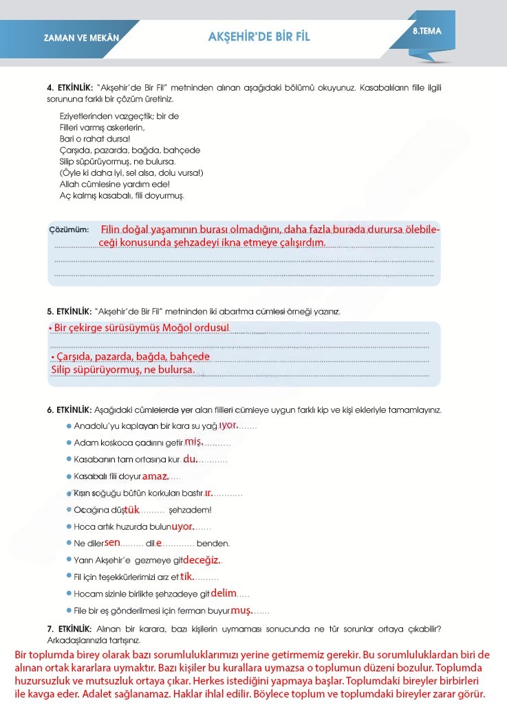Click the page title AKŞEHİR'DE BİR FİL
pos(259,37)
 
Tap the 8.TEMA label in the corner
pos(427,31)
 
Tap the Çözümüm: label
pos(69,230)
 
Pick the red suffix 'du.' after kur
pos(190,459)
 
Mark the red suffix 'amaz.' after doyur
pos(155,476)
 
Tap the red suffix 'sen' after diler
pos(113,542)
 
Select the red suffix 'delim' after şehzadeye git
pos(224,592)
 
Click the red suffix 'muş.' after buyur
pos(241,610)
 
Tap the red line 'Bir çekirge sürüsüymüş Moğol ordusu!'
pos(141,328)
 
